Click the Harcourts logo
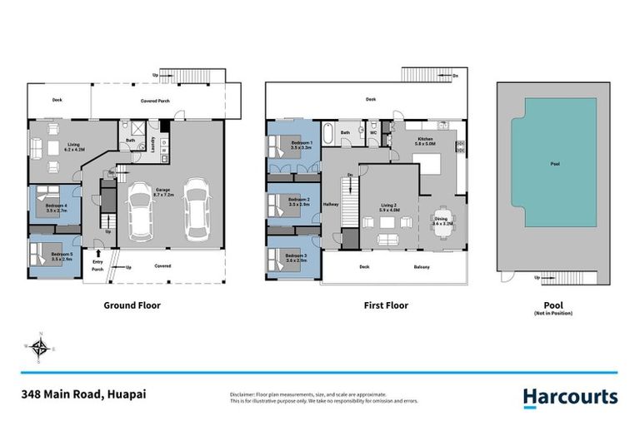click(570, 397)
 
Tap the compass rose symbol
click(38, 347)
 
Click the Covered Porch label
click(155, 100)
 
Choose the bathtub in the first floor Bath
click(327, 133)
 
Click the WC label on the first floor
click(373, 131)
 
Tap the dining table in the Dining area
click(441, 222)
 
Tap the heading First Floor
click(386, 305)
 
